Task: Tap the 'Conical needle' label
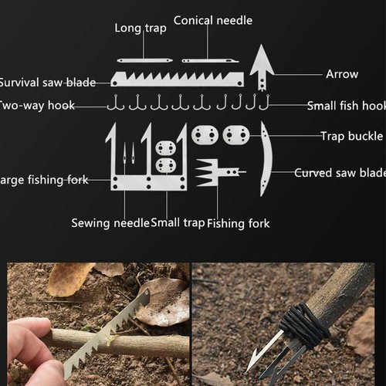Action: pyautogui.click(x=212, y=20)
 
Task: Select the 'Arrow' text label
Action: pyautogui.click(x=341, y=74)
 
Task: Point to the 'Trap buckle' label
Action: pyautogui.click(x=351, y=137)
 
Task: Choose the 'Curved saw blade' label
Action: pyautogui.click(x=340, y=173)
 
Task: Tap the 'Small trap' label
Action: pyautogui.click(x=178, y=223)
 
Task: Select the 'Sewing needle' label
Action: pyautogui.click(x=110, y=223)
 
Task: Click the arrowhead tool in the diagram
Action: pyautogui.click(x=262, y=66)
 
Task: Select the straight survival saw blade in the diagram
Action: pyautogui.click(x=177, y=79)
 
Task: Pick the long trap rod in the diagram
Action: pyautogui.click(x=144, y=59)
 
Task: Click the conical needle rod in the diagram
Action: pyautogui.click(x=209, y=59)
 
